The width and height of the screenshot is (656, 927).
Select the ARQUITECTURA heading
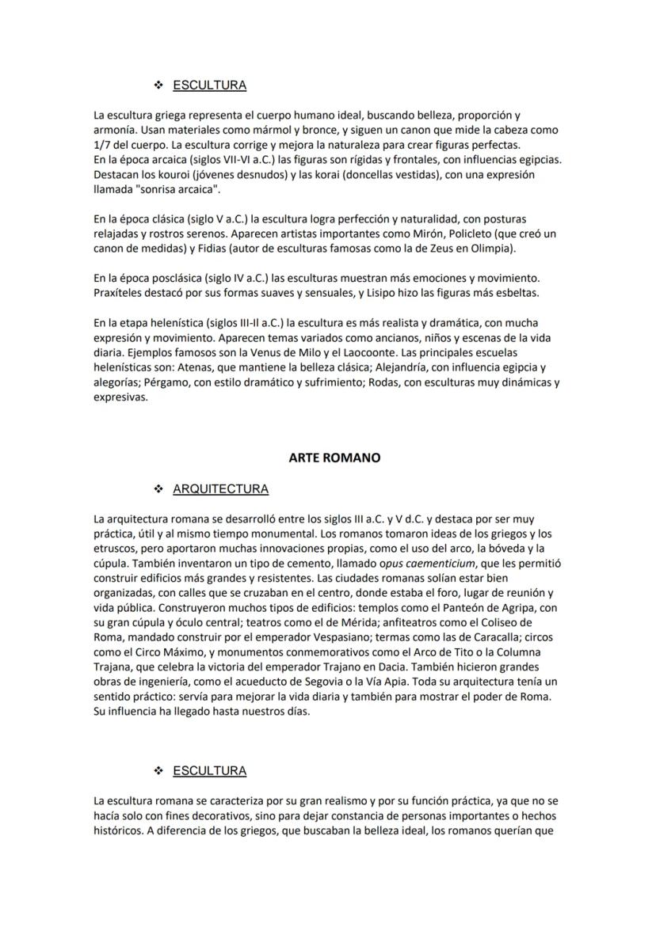point(220,489)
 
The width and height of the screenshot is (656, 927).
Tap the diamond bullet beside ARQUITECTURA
point(158,489)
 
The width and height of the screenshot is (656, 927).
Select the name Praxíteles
point(119,294)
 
